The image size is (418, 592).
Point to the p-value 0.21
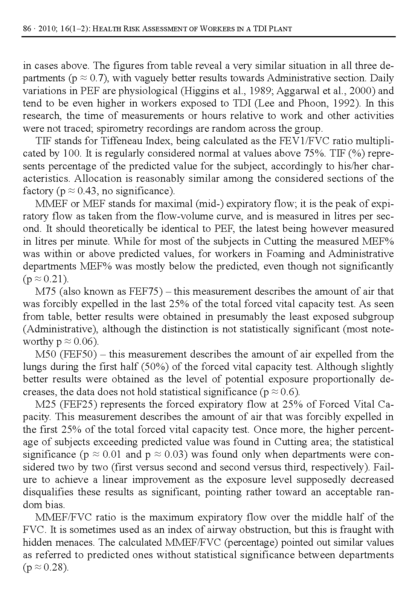[x=56, y=279]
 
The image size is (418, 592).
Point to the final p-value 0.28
[x=56, y=568]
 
